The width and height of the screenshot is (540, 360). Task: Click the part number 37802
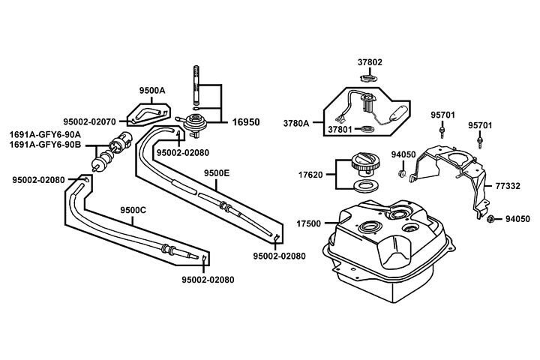(x=370, y=63)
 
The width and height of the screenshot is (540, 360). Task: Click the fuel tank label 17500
(x=310, y=223)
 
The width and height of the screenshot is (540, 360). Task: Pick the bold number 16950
(x=246, y=121)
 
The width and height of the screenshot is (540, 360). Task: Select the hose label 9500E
(x=217, y=172)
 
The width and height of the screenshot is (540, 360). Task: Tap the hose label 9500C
(x=133, y=211)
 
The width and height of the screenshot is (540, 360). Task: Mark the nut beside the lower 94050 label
(x=491, y=219)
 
